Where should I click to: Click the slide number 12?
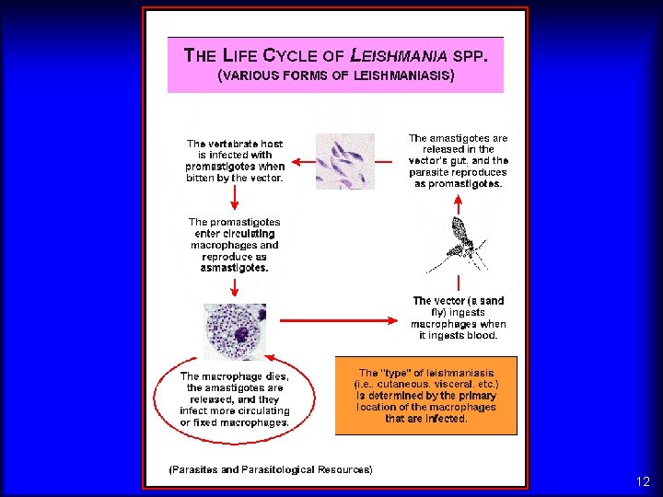(x=643, y=481)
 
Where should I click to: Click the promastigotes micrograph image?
(x=345, y=161)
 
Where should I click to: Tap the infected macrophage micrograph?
(x=234, y=332)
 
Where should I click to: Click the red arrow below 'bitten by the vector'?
(x=235, y=196)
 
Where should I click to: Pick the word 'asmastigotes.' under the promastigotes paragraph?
(x=235, y=269)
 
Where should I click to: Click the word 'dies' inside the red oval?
(x=274, y=376)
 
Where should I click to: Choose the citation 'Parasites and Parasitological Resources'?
(x=271, y=469)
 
